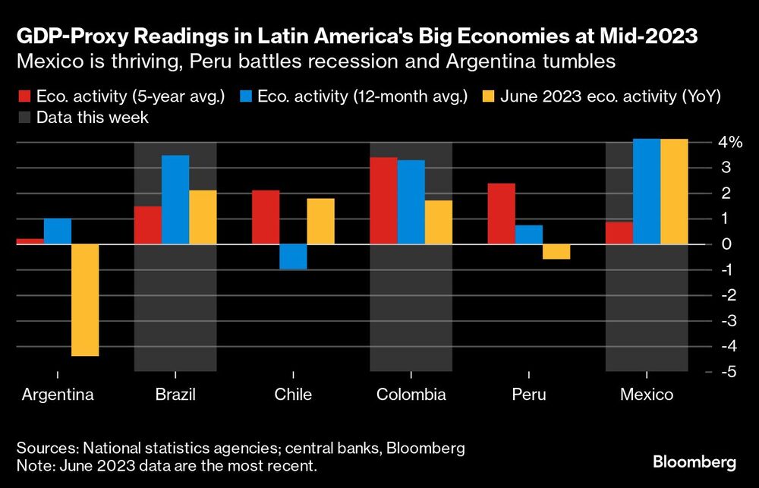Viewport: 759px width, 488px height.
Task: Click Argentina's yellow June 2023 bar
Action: click(x=85, y=300)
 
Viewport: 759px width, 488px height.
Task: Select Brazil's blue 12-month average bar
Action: click(x=175, y=200)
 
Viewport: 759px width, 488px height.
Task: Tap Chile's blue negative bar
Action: click(x=293, y=257)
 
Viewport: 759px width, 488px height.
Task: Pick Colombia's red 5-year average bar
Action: click(x=383, y=200)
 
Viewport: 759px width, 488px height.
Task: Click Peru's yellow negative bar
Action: click(x=556, y=252)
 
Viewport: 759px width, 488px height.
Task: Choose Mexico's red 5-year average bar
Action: click(x=619, y=233)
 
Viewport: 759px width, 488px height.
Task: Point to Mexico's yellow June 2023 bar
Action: click(x=673, y=191)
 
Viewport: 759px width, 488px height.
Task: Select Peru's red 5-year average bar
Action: click(x=501, y=213)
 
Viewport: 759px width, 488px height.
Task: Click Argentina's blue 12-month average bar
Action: click(x=58, y=231)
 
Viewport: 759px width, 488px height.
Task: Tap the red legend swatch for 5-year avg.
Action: click(x=24, y=96)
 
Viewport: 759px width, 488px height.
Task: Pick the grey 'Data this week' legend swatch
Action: click(x=24, y=117)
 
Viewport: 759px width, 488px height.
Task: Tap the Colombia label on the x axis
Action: click(x=411, y=395)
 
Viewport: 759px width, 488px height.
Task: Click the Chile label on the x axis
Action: click(x=293, y=395)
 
